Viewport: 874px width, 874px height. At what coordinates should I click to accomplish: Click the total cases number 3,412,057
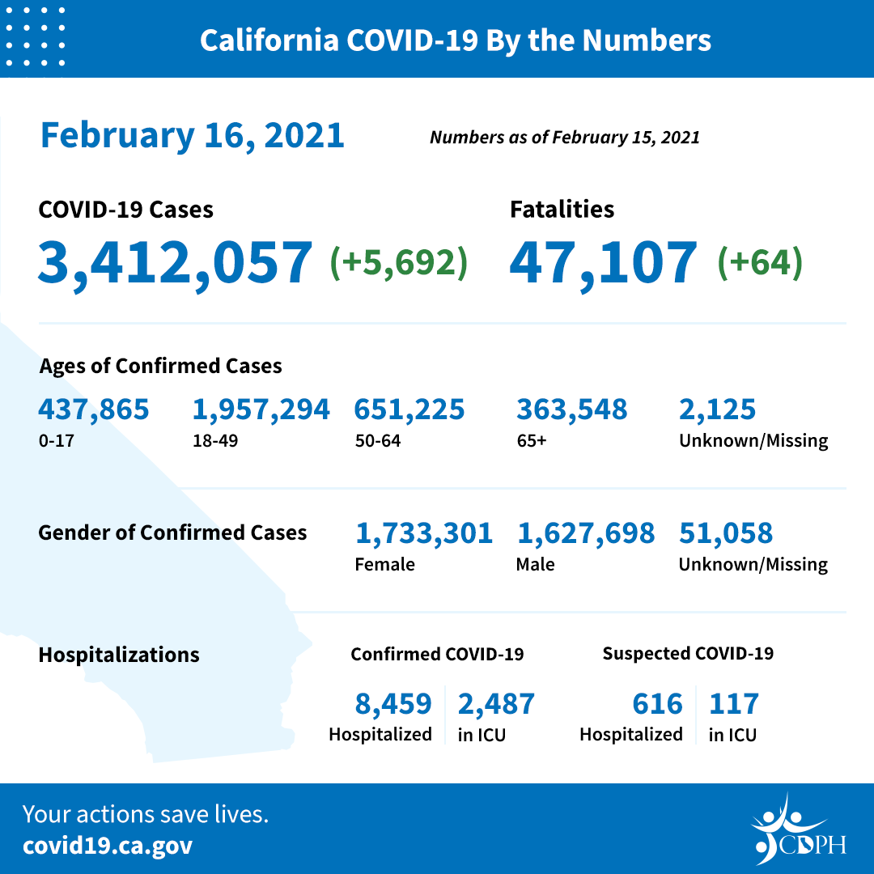pos(175,262)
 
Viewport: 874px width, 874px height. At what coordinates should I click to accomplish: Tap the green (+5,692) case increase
pos(399,262)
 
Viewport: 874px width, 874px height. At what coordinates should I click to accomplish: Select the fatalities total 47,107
pos(603,262)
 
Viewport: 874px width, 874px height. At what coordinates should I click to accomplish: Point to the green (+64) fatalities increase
pos(760,262)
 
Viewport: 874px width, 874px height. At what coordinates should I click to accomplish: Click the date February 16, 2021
pos(193,135)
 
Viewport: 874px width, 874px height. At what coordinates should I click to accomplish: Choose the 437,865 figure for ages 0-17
pos(94,409)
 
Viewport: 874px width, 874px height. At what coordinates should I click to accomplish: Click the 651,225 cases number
pos(409,409)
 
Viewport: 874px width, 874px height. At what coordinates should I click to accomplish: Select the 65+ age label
pos(530,441)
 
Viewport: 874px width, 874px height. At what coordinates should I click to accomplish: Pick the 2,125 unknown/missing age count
pos(718,409)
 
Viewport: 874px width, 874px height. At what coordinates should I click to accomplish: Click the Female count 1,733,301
pos(424,533)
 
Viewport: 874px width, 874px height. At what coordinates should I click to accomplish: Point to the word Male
pos(535,564)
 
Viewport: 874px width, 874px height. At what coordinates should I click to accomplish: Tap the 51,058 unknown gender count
pos(726,533)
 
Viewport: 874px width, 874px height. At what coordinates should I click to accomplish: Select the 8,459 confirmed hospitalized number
pos(393,704)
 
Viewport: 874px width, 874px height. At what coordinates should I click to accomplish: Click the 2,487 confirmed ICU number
pos(496,704)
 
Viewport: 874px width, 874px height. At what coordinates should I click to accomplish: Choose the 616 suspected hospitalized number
pos(657,704)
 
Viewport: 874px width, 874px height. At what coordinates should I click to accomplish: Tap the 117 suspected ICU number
pos(734,704)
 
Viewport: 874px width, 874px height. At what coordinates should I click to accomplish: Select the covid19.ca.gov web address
pos(108,846)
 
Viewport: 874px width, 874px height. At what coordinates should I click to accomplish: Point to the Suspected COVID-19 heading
pos(688,653)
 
